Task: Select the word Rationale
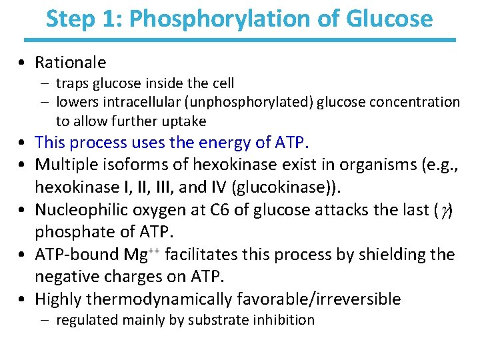70,63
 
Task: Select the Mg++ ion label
144,254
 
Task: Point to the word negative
63,275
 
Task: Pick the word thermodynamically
166,299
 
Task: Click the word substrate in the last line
212,320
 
